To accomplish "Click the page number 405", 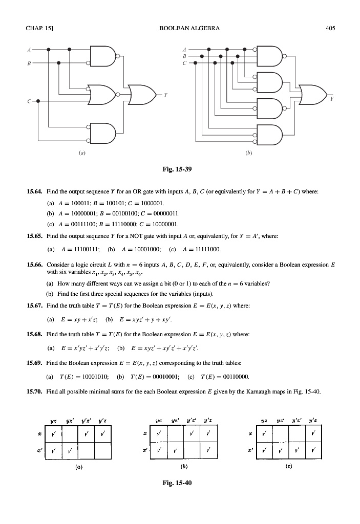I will [x=330, y=28].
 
